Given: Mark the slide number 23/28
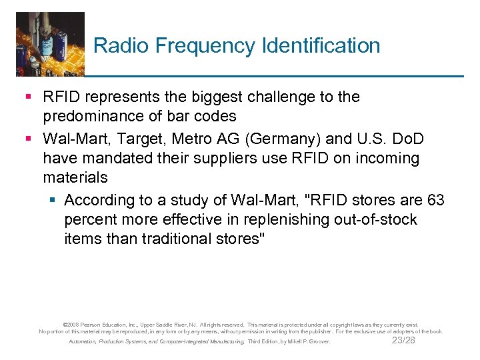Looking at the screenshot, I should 403,340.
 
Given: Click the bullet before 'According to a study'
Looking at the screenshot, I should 55,201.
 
